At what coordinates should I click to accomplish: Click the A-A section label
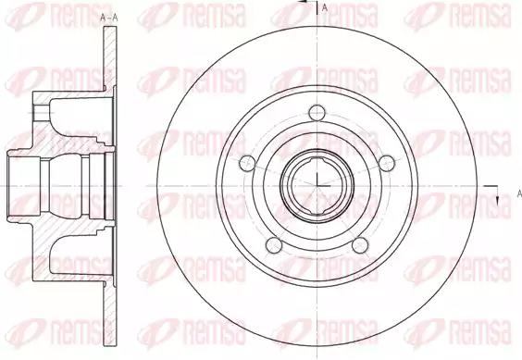(109, 18)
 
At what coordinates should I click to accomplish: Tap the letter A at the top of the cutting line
(325, 7)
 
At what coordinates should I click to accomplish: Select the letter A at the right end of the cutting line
(519, 193)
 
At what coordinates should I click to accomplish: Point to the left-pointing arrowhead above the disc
(303, 2)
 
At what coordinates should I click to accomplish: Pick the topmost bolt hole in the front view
(317, 113)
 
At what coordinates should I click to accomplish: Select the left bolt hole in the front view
(247, 164)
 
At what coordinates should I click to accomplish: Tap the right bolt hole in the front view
(387, 164)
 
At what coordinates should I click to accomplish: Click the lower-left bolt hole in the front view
(274, 245)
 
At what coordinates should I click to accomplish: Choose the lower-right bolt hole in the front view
(360, 245)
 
